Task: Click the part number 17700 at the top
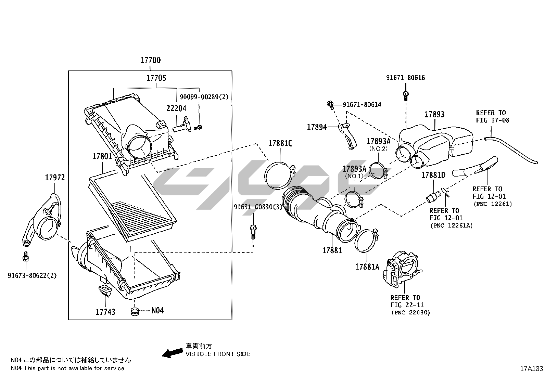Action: [150, 61]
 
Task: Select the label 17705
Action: [156, 78]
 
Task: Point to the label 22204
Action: [176, 108]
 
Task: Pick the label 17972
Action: [55, 178]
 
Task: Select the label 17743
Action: [105, 312]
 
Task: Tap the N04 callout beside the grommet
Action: [157, 310]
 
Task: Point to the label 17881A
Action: [367, 267]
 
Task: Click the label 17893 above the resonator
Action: [434, 115]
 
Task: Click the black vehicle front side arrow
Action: [172, 353]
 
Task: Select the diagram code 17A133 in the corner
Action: [531, 368]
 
